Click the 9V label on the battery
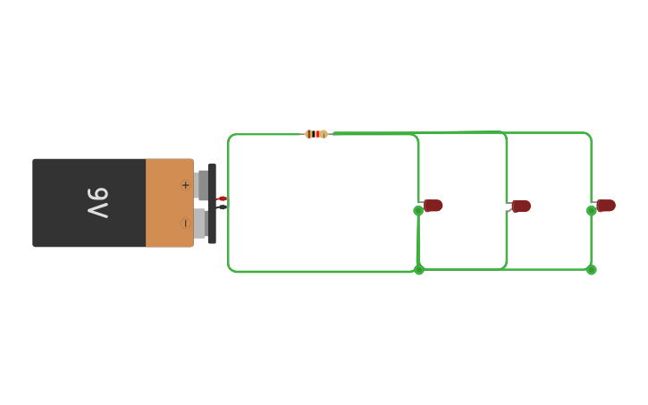(x=97, y=203)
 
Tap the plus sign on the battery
(x=186, y=185)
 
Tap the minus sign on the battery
(x=186, y=223)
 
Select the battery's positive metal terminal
(x=201, y=185)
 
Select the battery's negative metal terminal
(x=201, y=223)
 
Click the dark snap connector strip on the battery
(x=212, y=204)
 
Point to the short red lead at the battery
(x=222, y=198)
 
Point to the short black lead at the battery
(x=222, y=207)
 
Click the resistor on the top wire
(x=316, y=134)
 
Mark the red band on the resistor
(x=316, y=134)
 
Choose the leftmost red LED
(x=433, y=206)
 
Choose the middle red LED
(x=521, y=207)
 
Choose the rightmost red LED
(x=607, y=206)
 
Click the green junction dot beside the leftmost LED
(x=418, y=211)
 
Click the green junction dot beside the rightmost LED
(x=591, y=211)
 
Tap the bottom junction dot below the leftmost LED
(x=418, y=270)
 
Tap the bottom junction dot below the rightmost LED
(x=591, y=270)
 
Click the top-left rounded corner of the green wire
(x=231, y=137)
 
